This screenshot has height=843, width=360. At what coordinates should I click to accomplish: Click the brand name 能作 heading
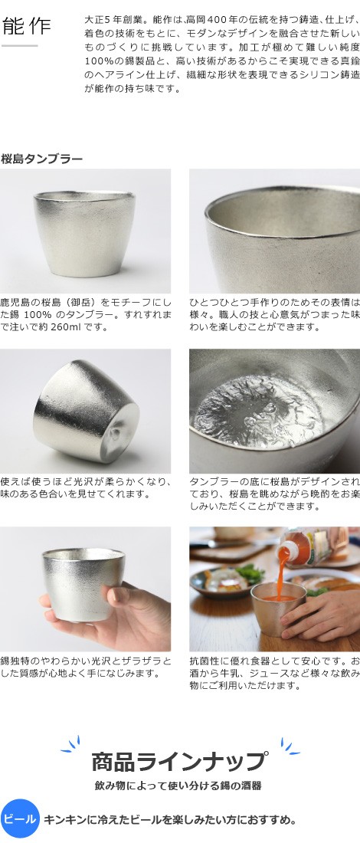coord(26,26)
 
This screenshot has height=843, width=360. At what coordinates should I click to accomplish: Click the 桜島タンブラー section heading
coord(42,159)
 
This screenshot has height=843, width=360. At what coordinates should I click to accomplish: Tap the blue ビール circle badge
coord(20,818)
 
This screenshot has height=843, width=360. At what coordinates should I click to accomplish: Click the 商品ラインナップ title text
coord(178,761)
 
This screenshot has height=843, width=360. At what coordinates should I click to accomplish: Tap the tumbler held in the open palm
coord(83,582)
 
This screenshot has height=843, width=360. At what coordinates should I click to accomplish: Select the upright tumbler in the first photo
coord(84,234)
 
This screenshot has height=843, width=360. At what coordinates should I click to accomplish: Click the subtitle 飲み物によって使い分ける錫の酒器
coord(178,786)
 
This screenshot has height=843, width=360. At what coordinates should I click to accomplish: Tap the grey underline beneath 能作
coord(19,46)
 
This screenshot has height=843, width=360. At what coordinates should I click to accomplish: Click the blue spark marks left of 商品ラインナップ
coord(70,744)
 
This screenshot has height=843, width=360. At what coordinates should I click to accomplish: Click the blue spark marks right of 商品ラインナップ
coord(290,746)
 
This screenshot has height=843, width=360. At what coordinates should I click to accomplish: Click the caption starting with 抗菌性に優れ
coord(274,673)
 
